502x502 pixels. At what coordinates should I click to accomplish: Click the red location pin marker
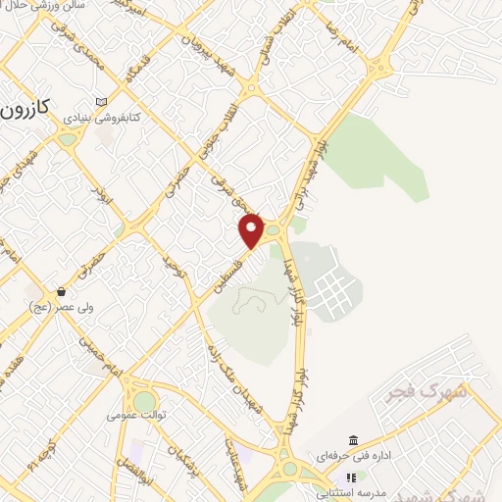(252, 230)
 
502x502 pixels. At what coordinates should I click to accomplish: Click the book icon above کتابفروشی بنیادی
(102, 101)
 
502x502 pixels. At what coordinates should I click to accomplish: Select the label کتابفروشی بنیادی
(101, 117)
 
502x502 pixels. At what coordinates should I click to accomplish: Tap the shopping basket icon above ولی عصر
(62, 291)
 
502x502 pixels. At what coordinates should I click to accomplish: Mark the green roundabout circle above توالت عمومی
(144, 401)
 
